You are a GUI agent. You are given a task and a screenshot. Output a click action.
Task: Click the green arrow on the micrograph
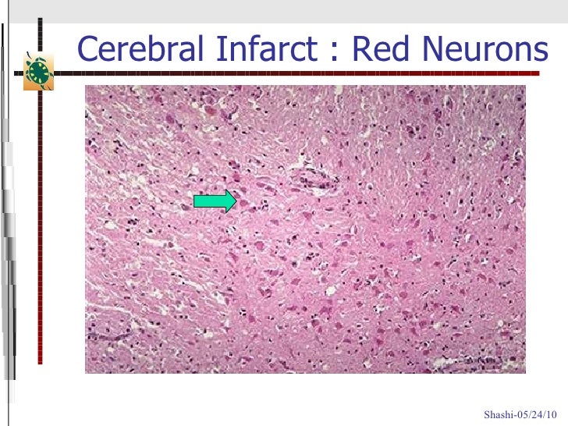point(215,201)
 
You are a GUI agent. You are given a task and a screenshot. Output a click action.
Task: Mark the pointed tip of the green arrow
point(236,201)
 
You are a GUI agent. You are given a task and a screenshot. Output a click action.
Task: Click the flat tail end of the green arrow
point(195,201)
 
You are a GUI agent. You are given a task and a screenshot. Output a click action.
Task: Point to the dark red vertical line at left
point(39,234)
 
